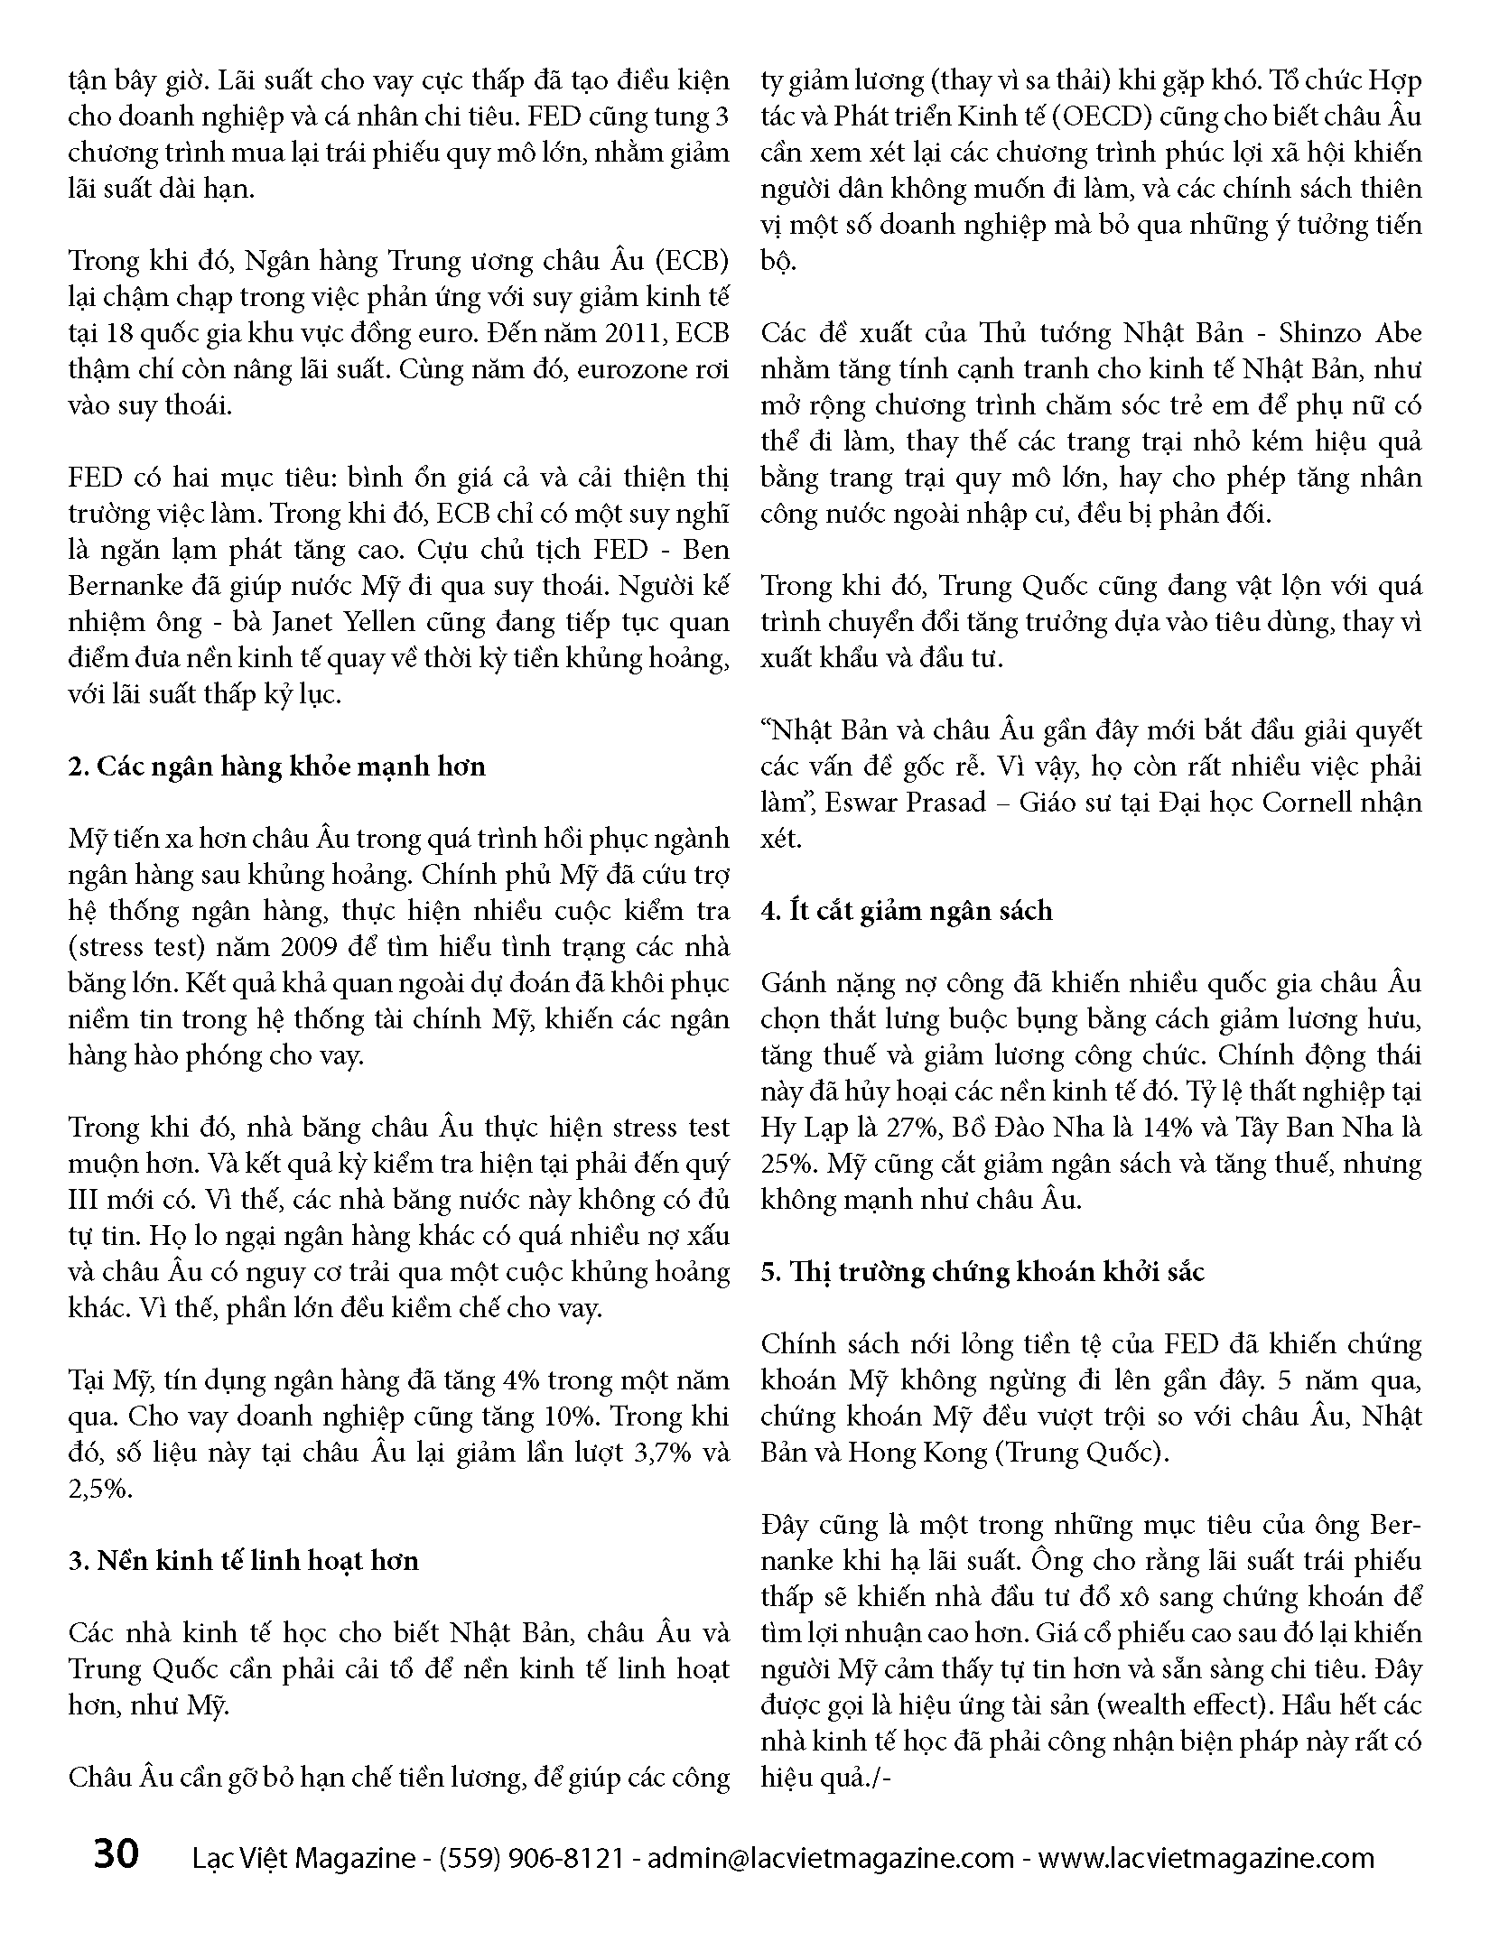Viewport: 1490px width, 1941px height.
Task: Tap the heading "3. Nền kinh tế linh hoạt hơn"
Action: pos(244,1561)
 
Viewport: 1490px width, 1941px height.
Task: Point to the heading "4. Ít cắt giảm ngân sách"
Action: pos(907,911)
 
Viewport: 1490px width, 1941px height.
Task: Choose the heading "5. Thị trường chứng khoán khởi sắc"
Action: pos(982,1272)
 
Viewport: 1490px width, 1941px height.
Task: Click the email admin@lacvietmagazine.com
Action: pos(832,1858)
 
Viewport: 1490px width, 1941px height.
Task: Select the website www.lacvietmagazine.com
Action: pos(1206,1858)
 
